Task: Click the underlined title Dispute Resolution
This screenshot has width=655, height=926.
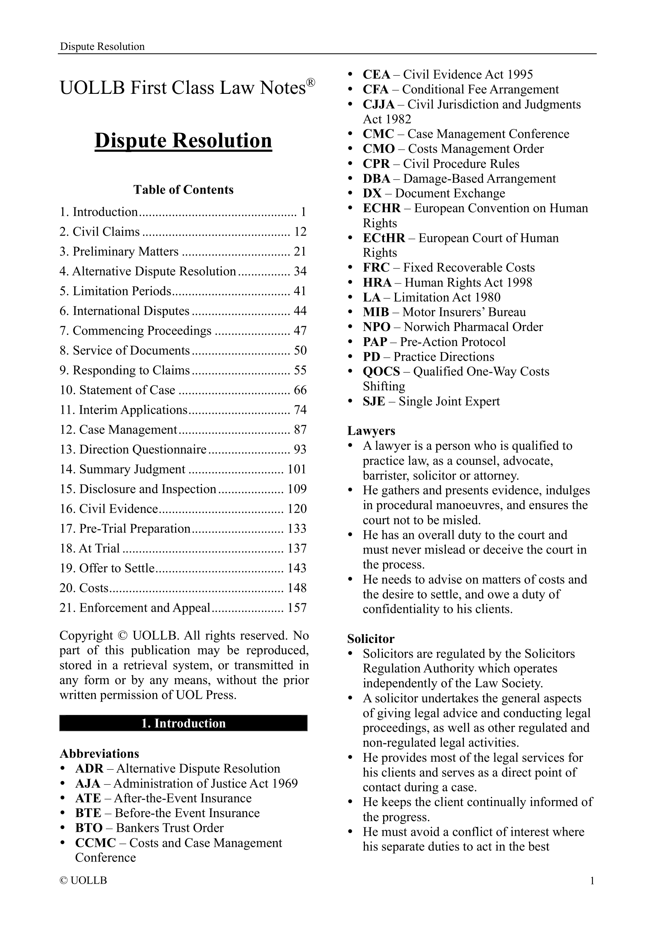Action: (x=183, y=141)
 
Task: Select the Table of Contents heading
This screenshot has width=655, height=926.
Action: (x=183, y=190)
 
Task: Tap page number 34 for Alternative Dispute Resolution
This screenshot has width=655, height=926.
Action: (x=300, y=271)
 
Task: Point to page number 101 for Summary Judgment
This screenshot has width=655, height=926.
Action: (x=297, y=469)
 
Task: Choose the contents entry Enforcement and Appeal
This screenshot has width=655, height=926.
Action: (x=135, y=607)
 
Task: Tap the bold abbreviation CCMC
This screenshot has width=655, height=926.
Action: (x=95, y=843)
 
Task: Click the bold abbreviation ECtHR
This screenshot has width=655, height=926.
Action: (x=384, y=238)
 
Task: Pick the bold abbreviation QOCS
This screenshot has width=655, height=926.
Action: (x=381, y=371)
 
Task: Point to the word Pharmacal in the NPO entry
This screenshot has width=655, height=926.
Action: (x=477, y=327)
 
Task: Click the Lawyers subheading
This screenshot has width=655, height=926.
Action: (x=371, y=431)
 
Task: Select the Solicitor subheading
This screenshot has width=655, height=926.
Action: (x=370, y=639)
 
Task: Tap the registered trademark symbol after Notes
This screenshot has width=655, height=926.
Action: (x=310, y=83)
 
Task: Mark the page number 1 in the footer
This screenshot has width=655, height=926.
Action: (x=592, y=881)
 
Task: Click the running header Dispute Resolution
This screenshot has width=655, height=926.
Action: (x=102, y=46)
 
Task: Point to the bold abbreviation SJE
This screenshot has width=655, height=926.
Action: (x=374, y=401)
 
